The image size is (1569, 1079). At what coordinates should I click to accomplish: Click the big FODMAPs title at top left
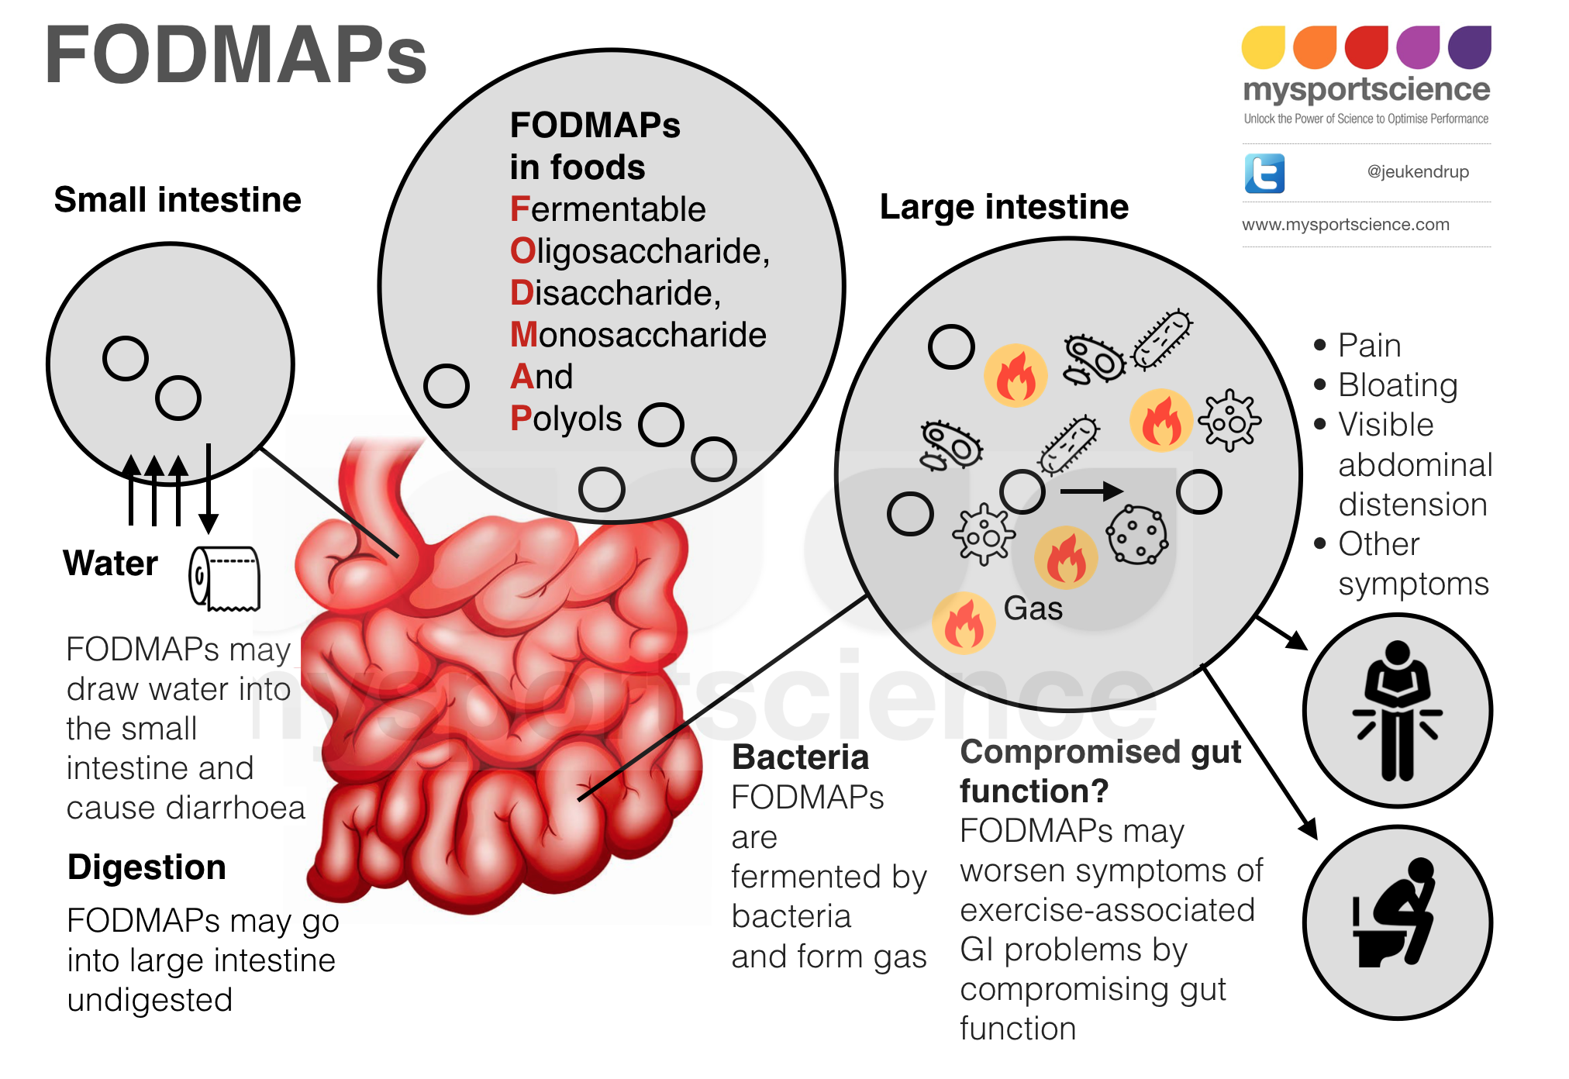(236, 56)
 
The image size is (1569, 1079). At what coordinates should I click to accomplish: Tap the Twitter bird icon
(1264, 173)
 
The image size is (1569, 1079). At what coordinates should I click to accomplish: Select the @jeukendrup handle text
(1418, 172)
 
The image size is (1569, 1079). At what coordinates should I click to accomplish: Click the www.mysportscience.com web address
(1345, 225)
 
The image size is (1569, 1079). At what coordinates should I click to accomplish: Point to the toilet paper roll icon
(225, 578)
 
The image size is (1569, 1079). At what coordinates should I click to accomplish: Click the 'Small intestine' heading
(178, 200)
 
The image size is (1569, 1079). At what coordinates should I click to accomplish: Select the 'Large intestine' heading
(1004, 207)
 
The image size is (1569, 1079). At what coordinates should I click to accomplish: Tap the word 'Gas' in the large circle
(1033, 608)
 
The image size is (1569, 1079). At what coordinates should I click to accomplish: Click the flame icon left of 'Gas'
(964, 623)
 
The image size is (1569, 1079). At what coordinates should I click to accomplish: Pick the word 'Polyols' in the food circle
(566, 419)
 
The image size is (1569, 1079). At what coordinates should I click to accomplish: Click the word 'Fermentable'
(608, 209)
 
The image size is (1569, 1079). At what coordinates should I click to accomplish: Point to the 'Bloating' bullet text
(1398, 385)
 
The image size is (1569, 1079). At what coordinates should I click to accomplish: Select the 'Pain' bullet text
(1369, 346)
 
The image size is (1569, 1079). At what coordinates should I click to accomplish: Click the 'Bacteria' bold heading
(800, 757)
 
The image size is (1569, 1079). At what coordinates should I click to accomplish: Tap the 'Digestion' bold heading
(147, 867)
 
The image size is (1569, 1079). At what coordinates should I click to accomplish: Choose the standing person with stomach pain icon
(1397, 710)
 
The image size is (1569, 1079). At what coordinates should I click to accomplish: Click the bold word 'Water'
(111, 564)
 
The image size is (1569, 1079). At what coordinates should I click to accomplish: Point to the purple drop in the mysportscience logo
(1469, 47)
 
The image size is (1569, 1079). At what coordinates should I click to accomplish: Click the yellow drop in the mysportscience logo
(1263, 47)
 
